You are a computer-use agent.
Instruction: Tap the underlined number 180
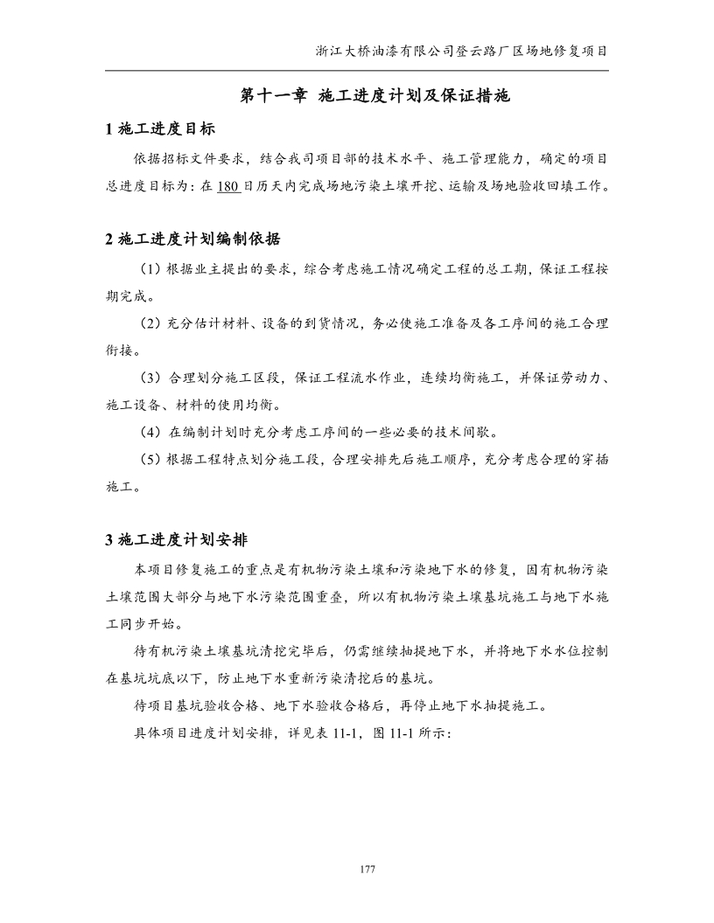[x=228, y=185]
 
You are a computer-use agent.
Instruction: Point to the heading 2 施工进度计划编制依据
[x=192, y=239]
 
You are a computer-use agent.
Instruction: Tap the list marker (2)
[x=150, y=323]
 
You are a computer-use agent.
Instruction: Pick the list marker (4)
[x=150, y=432]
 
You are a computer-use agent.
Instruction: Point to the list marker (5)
[x=150, y=459]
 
